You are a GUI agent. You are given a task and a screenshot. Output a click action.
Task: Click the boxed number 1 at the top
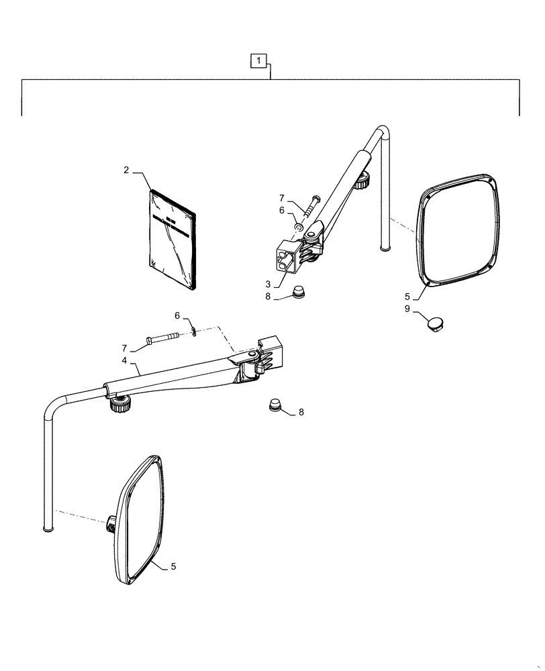(x=258, y=61)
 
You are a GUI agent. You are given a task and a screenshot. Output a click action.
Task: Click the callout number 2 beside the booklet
(x=126, y=170)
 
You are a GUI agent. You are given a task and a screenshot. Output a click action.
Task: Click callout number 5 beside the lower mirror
(x=172, y=567)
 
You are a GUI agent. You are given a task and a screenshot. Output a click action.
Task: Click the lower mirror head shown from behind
(x=140, y=517)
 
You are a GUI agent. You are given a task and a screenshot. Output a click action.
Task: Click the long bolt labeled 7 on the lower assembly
(x=160, y=339)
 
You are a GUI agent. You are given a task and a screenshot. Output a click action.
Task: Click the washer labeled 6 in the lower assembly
(x=193, y=329)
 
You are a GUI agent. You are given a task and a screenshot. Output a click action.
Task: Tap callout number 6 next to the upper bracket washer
(x=281, y=210)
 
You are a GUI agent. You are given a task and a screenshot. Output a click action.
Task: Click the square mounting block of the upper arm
(x=287, y=258)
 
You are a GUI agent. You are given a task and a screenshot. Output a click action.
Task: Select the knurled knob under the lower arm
(x=120, y=403)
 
